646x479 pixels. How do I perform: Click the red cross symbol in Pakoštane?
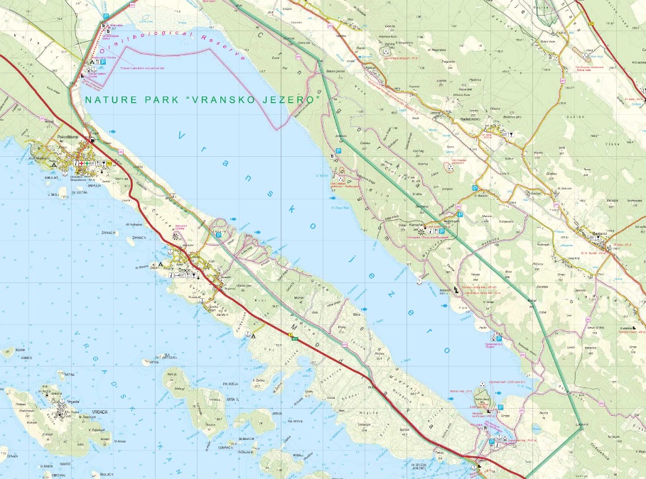point(82,164)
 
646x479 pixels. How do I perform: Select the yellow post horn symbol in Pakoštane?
point(110,164)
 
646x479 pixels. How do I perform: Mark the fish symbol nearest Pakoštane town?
point(112,131)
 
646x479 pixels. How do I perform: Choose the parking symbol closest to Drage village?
point(219,234)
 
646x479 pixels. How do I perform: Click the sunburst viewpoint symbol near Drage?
point(176,236)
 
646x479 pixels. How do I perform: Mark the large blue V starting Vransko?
point(182,134)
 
